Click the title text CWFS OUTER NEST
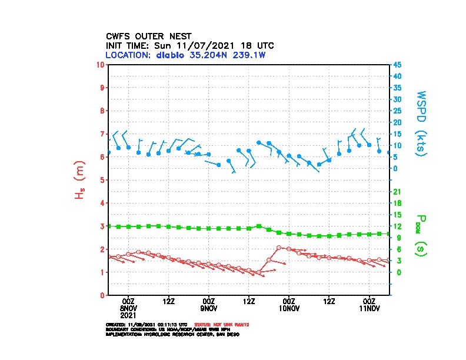point(148,36)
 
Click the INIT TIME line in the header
point(189,45)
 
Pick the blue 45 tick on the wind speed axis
point(397,64)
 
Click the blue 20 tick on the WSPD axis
point(397,122)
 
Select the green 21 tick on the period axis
point(397,192)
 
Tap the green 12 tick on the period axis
point(397,226)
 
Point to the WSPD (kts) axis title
point(421,122)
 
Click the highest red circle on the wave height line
point(279,248)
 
